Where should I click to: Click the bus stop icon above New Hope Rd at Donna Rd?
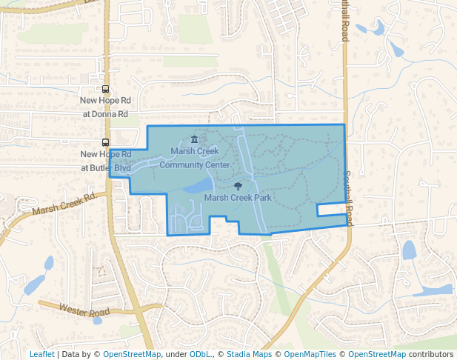pos(106,89)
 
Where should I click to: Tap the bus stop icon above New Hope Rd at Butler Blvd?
pos(106,142)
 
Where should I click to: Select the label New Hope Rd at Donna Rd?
pos(106,107)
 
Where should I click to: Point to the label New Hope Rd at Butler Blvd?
pos(106,161)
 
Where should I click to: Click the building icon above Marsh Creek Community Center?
pos(195,139)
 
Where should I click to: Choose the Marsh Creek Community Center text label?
pos(195,158)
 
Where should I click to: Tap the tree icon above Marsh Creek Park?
pos(238,187)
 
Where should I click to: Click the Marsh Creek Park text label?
pos(238,198)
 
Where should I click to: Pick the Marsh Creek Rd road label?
pos(64,205)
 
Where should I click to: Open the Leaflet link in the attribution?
pos(41,354)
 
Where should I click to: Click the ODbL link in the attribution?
pos(200,354)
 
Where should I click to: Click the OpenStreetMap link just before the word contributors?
pos(377,354)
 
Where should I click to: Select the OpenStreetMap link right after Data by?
pos(132,354)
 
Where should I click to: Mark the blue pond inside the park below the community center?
pos(199,185)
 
